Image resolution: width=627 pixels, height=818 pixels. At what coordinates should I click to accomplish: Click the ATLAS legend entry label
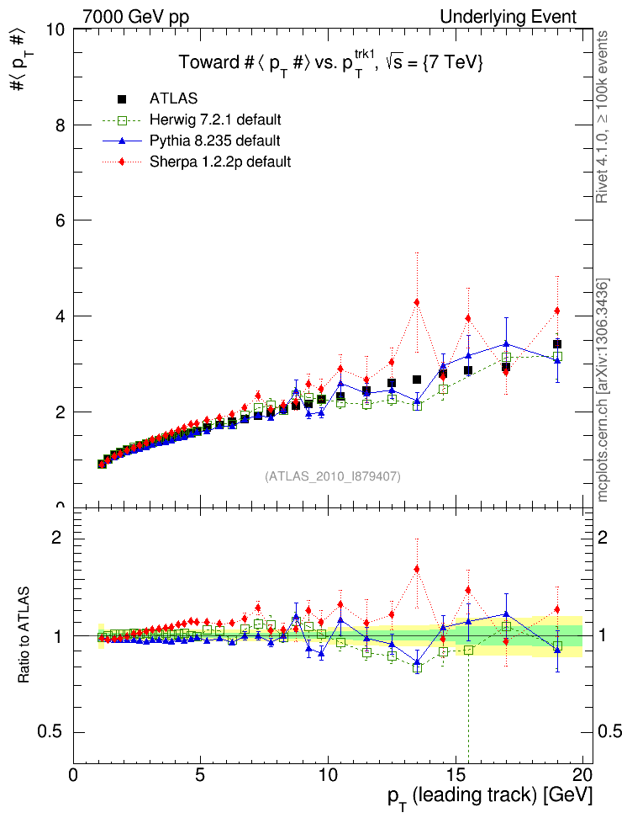[x=174, y=98]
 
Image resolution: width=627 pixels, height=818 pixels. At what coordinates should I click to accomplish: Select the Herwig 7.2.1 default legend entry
[x=215, y=119]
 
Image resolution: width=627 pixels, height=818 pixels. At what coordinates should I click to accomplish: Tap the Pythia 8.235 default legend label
[x=214, y=140]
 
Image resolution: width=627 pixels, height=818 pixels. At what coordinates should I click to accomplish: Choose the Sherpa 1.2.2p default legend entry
[x=220, y=161]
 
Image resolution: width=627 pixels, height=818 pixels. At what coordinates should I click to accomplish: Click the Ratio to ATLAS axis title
[x=24, y=635]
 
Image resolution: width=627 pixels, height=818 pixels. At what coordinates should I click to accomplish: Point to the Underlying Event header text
[x=509, y=17]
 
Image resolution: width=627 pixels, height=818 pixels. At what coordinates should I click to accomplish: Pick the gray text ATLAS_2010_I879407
[x=333, y=476]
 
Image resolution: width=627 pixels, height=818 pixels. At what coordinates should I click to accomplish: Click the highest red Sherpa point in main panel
[x=417, y=302]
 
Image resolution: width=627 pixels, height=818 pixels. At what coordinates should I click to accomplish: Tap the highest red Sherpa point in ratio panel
[x=417, y=569]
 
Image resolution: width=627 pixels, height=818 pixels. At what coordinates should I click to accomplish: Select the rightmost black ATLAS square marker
[x=556, y=344]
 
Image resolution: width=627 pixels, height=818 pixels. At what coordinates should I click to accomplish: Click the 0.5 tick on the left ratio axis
[x=50, y=730]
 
